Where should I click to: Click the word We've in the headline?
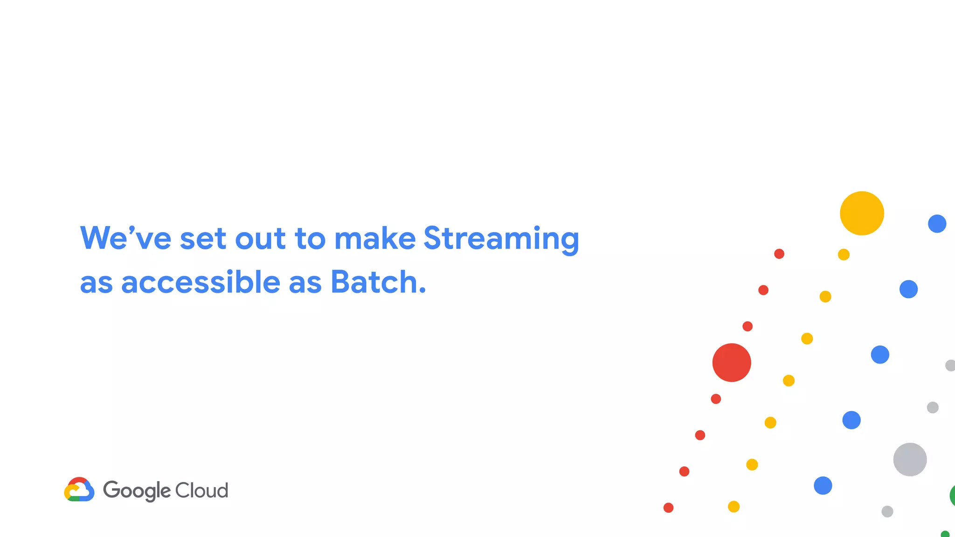[x=125, y=238]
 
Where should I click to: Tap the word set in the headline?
[x=203, y=239]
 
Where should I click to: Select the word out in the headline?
[x=260, y=239]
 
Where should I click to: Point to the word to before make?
[x=310, y=239]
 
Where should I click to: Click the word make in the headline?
[x=375, y=238]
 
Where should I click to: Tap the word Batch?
[x=374, y=282]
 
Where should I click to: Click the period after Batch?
[x=422, y=291]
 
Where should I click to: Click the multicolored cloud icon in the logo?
[x=79, y=489]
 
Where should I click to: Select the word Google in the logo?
[x=137, y=491]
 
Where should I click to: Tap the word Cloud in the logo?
[x=201, y=490]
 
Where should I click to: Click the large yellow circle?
[x=862, y=213]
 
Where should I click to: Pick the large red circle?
[x=732, y=363]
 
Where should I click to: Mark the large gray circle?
[x=910, y=459]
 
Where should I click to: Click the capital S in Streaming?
[x=433, y=238]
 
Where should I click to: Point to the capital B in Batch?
[x=340, y=282]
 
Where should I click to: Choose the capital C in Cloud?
[x=182, y=490]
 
